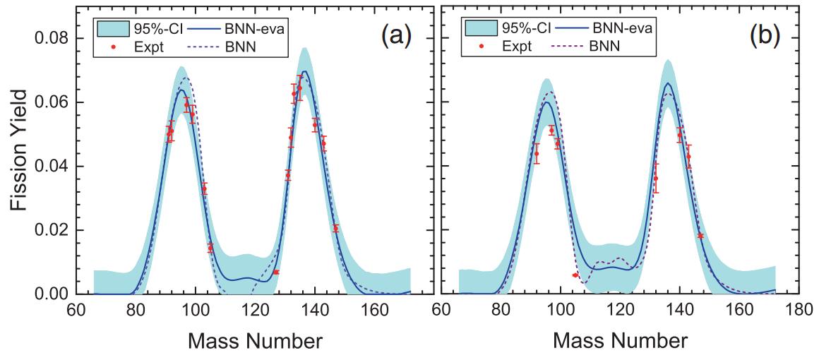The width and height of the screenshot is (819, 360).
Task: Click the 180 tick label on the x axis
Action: coord(799,309)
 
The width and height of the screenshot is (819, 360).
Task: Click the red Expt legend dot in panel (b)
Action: coord(481,47)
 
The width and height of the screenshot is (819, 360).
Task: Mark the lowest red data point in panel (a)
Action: coord(275,272)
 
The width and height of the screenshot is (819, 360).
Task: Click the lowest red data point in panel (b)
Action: coord(575,275)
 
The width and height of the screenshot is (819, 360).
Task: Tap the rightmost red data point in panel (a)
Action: coord(335,229)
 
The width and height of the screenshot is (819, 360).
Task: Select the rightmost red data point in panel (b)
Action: coord(700,236)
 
